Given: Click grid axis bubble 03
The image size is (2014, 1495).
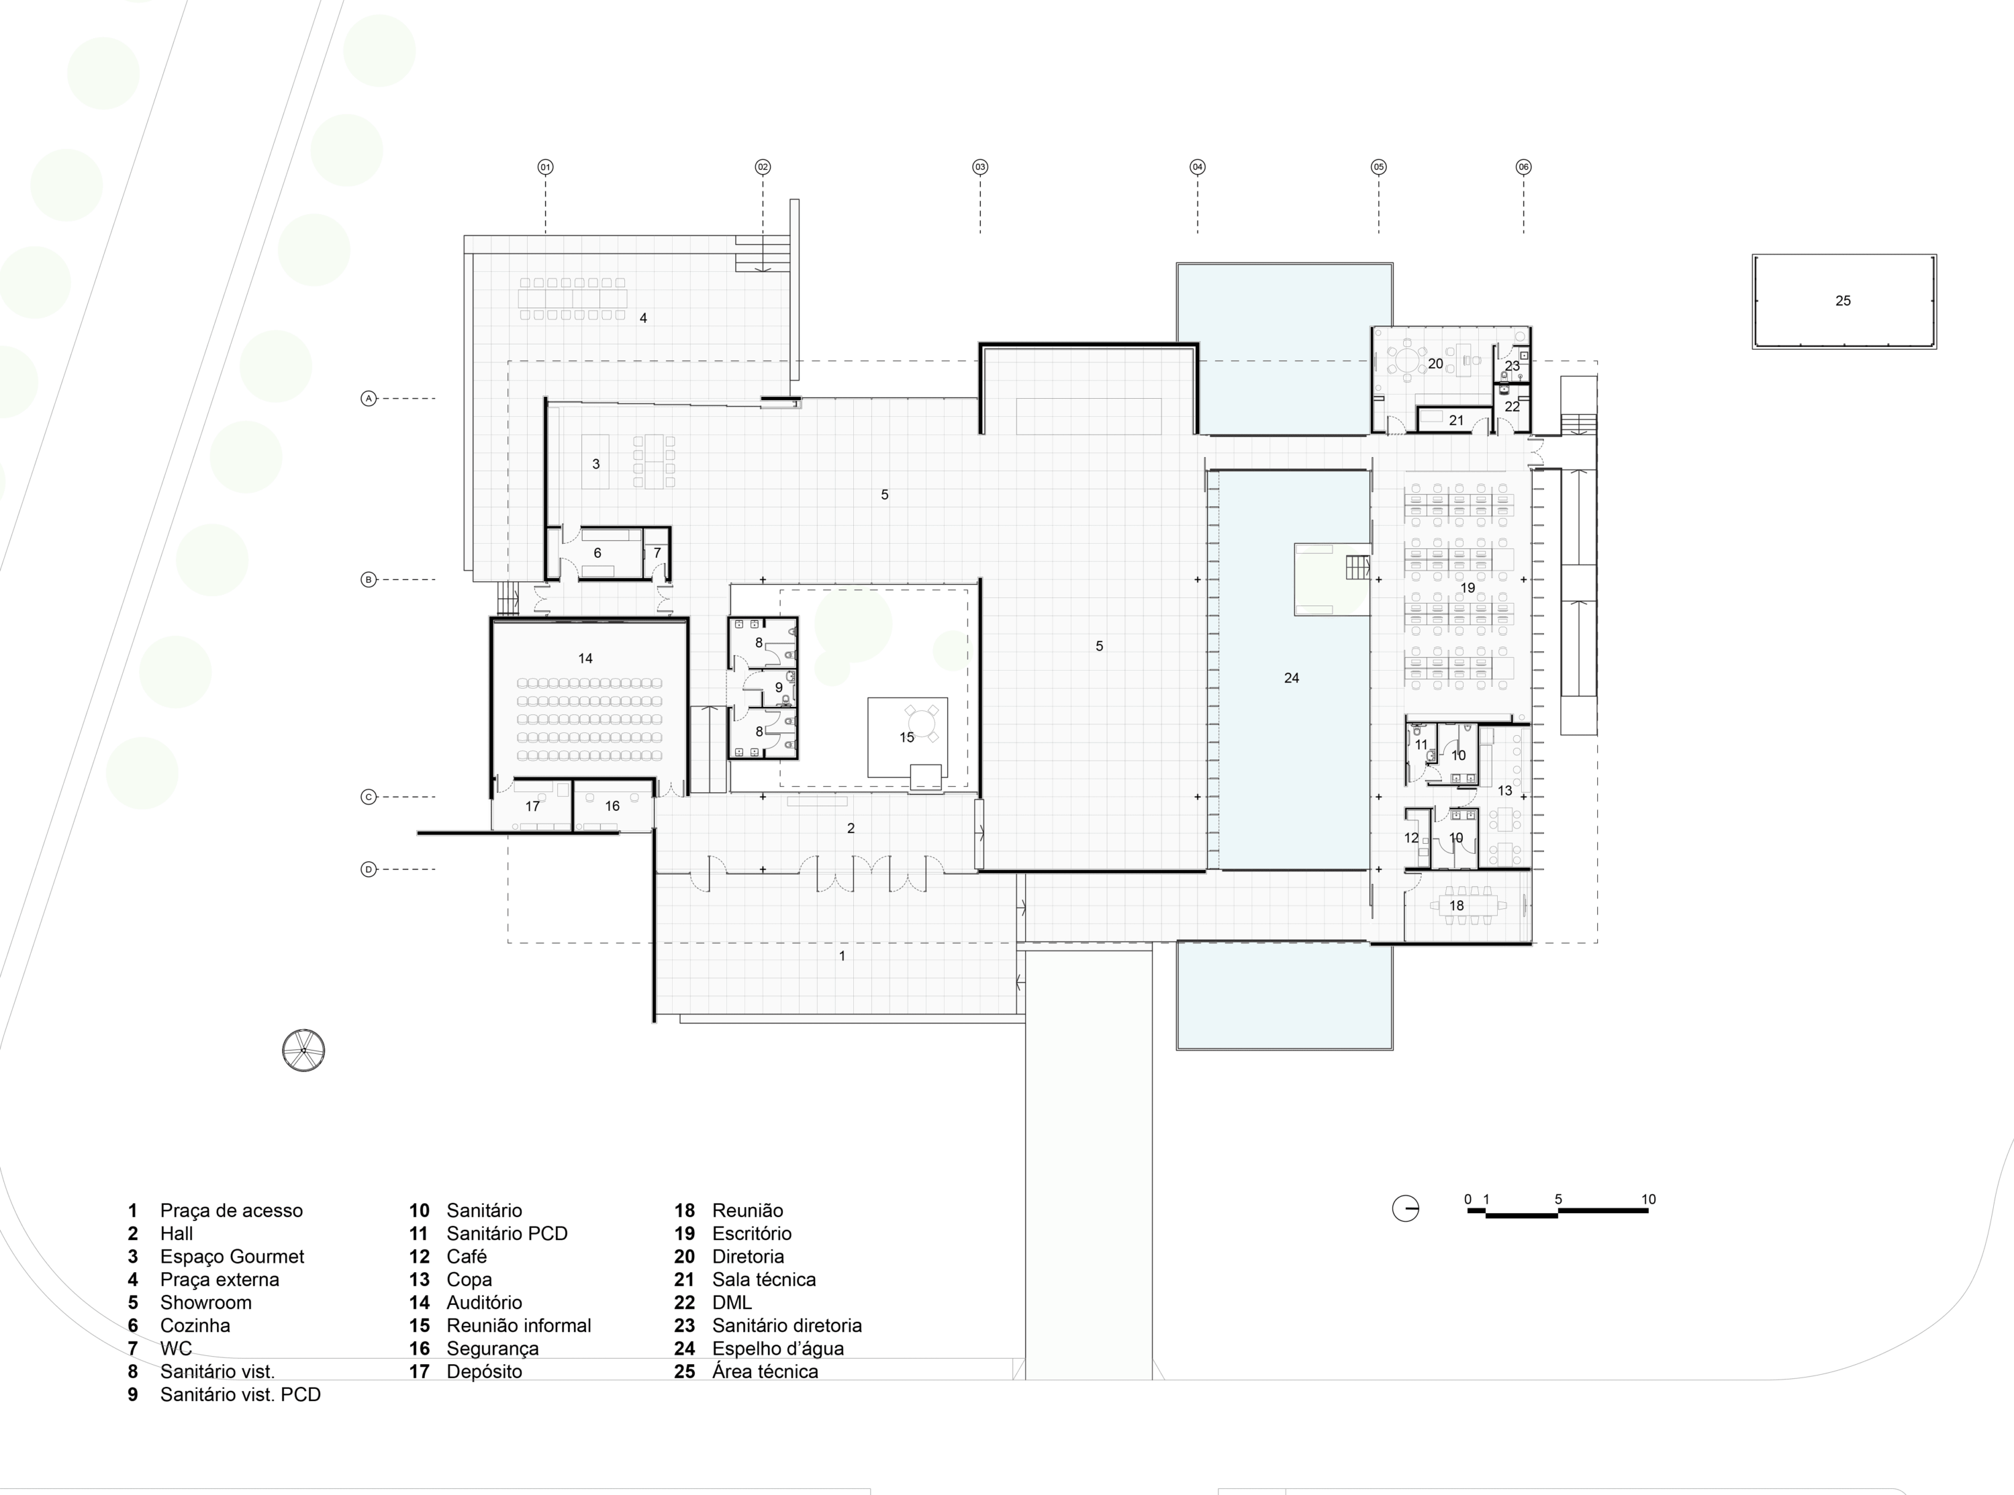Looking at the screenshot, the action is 980,166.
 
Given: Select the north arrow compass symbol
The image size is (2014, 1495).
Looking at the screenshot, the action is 304,1051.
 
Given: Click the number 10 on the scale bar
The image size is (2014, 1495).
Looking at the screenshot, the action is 1649,1199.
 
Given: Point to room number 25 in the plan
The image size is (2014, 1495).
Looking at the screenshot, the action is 1843,301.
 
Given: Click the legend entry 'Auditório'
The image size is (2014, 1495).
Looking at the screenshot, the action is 484,1302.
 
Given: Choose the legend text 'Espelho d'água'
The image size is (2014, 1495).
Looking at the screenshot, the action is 778,1349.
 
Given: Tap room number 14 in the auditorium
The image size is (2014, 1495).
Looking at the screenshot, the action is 585,659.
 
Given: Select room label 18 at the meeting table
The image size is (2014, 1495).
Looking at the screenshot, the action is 1457,905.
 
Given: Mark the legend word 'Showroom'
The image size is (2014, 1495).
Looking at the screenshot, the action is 205,1302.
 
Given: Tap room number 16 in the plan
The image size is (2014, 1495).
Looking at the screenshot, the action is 612,806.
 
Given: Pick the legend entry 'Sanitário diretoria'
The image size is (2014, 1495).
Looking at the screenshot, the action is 787,1326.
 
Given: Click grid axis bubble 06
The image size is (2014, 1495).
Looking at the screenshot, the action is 1524,166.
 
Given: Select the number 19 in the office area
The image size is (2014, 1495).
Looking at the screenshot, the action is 1468,588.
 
